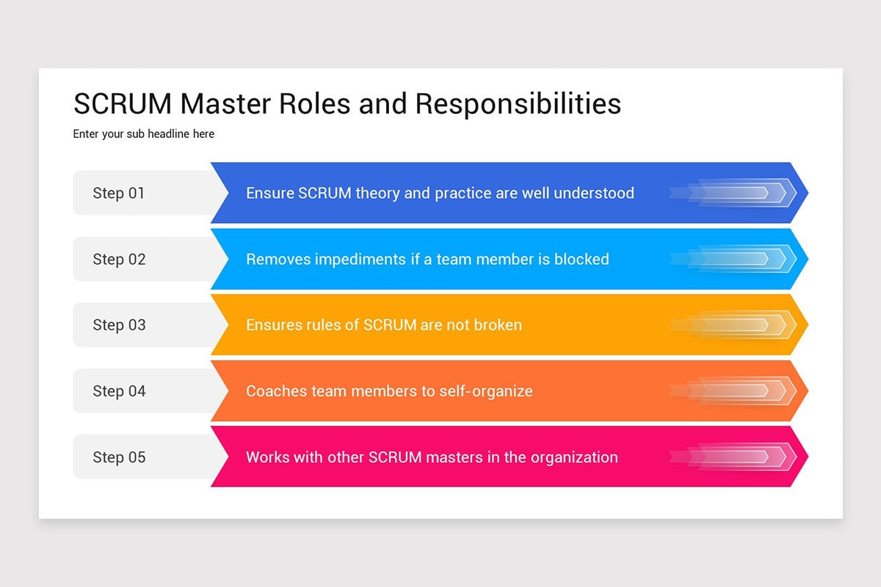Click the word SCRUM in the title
click(x=123, y=103)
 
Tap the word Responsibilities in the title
click(x=518, y=103)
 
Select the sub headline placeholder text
click(x=144, y=134)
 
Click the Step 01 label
click(x=119, y=193)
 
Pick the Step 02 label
click(x=119, y=259)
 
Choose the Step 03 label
click(x=119, y=325)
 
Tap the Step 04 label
click(x=119, y=391)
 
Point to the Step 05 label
click(x=119, y=457)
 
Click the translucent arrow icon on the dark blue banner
click(x=734, y=193)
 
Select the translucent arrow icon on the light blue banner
click(x=734, y=259)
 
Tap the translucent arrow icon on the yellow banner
click(x=734, y=325)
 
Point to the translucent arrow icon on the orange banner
click(x=734, y=391)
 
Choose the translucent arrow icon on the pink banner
click(x=734, y=457)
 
